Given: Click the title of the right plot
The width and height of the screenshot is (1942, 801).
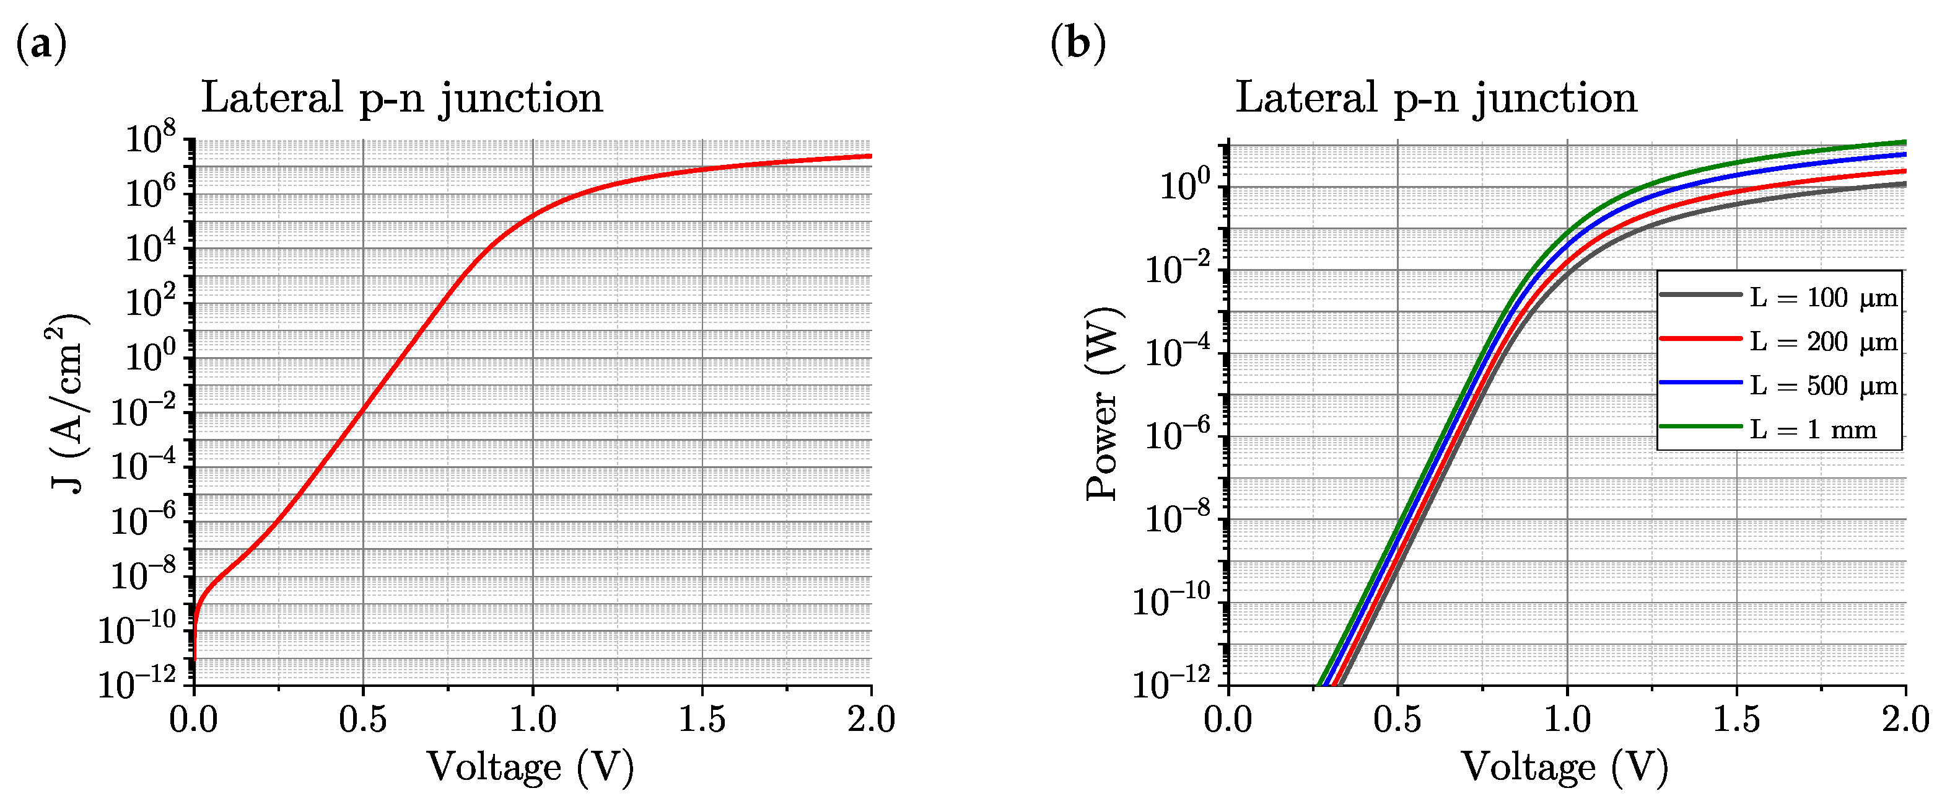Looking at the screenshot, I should click(1435, 98).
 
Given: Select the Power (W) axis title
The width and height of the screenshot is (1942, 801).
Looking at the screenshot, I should click(1103, 403).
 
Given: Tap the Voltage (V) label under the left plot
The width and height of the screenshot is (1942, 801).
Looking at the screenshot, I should click(530, 767).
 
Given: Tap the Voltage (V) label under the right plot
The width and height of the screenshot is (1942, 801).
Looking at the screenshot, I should click(1564, 767).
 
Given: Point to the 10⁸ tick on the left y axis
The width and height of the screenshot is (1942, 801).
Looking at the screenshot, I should click(149, 139).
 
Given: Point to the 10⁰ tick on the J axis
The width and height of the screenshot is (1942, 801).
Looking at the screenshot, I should click(149, 356).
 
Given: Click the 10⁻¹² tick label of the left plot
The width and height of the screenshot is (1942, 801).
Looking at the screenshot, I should click(137, 683).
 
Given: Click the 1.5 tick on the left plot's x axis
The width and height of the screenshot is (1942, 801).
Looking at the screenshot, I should click(701, 719).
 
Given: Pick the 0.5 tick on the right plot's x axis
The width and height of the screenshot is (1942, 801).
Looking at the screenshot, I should click(1397, 719).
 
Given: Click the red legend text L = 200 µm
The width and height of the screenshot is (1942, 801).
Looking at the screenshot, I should click(1821, 342).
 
